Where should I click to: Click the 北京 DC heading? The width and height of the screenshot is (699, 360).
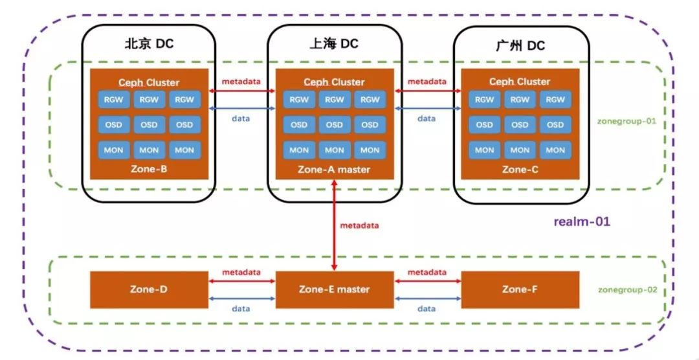pyautogui.click(x=149, y=44)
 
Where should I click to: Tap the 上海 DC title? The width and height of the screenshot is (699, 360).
pyautogui.click(x=334, y=43)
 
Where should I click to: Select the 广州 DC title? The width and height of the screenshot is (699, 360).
pyautogui.click(x=520, y=45)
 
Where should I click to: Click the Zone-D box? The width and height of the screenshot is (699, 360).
pyautogui.click(x=149, y=289)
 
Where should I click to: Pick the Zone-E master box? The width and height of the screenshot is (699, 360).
pyautogui.click(x=335, y=289)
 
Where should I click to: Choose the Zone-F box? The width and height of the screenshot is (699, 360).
pyautogui.click(x=520, y=289)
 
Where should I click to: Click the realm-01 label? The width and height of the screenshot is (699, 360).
pyautogui.click(x=582, y=221)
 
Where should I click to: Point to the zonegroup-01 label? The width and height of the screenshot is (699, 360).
pyautogui.click(x=627, y=121)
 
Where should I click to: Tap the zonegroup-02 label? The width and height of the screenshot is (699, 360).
pyautogui.click(x=628, y=289)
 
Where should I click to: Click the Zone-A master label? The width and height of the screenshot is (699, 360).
pyautogui.click(x=335, y=170)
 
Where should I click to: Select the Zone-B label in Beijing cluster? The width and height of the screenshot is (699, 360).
pyautogui.click(x=149, y=169)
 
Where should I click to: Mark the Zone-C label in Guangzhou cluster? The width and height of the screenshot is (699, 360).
pyautogui.click(x=520, y=170)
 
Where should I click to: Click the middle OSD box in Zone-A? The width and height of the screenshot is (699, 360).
pyautogui.click(x=335, y=125)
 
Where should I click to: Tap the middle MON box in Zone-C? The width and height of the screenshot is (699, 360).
pyautogui.click(x=520, y=150)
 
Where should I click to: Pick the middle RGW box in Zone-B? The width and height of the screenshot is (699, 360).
pyautogui.click(x=149, y=100)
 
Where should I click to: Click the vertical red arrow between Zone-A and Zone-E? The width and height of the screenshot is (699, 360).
pyautogui.click(x=335, y=225)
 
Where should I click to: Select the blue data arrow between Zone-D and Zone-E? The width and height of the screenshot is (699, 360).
pyautogui.click(x=241, y=298)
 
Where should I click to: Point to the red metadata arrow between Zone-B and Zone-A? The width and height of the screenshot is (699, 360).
pyautogui.click(x=242, y=91)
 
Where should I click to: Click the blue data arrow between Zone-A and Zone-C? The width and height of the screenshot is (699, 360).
pyautogui.click(x=428, y=108)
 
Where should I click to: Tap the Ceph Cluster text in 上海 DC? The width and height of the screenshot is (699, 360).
pyautogui.click(x=335, y=82)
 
